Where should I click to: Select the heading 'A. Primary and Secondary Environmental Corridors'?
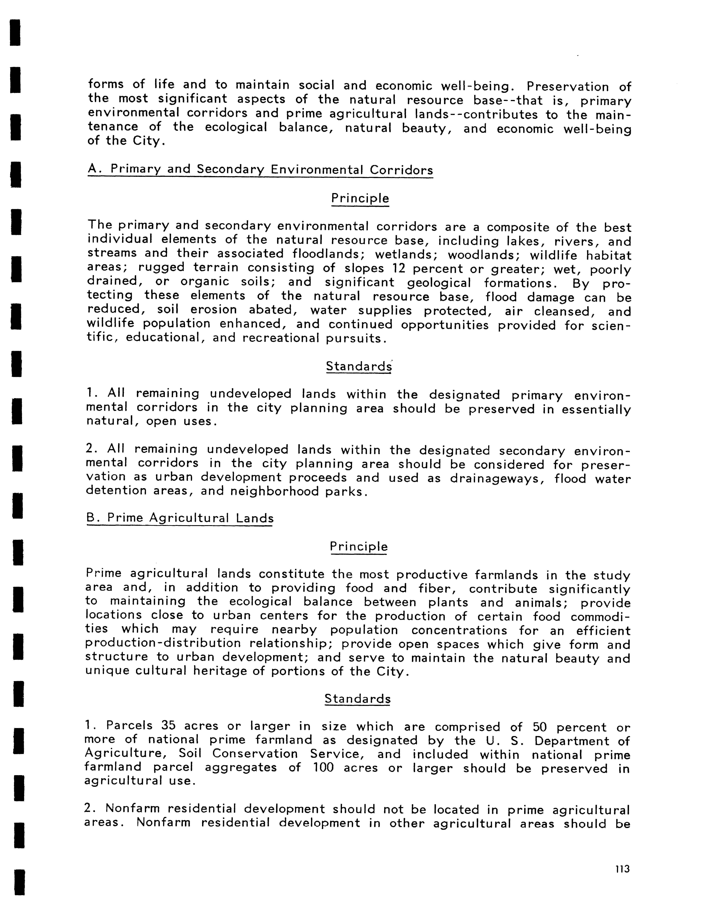(260, 169)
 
